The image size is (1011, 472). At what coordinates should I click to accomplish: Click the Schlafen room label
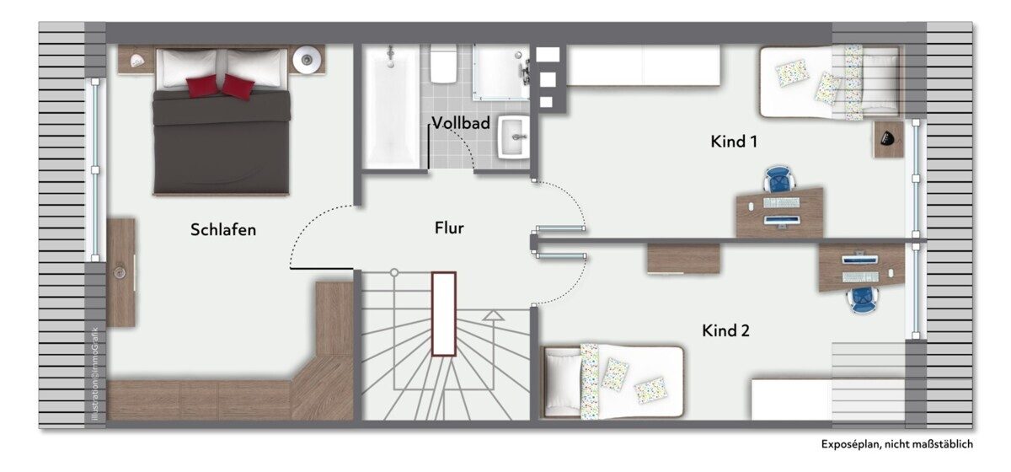coord(223,230)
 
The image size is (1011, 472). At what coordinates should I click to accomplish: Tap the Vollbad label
coord(461,123)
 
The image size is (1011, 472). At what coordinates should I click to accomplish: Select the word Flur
coord(449,228)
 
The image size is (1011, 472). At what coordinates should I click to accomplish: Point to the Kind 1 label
coord(734,142)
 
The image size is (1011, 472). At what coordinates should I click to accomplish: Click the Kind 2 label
coord(725,330)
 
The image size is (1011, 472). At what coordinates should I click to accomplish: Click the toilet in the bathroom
coord(444,64)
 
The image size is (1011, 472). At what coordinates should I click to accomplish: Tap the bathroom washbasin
coord(514,137)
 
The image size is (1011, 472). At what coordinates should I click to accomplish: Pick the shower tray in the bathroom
coord(501,72)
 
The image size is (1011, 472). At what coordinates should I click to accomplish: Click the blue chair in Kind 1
coord(778,180)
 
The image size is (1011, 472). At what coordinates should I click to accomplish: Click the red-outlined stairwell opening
coord(444,314)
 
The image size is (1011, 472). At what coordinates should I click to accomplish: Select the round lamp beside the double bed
coord(307,59)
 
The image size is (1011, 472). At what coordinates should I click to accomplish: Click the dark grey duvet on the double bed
coord(221,142)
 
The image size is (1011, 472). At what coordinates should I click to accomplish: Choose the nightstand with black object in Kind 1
coord(888,139)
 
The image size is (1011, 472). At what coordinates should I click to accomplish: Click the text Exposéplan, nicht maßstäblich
coord(896,444)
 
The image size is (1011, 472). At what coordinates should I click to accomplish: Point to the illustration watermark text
coord(94,374)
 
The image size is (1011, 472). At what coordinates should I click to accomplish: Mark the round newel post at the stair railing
coord(394,272)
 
